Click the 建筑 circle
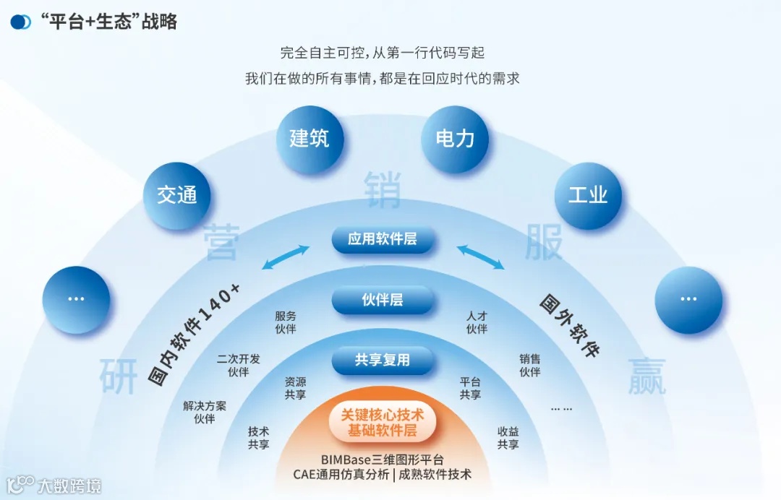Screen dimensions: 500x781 click(310, 139)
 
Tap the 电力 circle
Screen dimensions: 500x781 click(455, 139)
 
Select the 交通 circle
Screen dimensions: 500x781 click(177, 195)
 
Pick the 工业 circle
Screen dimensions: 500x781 click(588, 195)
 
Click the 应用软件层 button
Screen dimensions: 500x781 click(383, 239)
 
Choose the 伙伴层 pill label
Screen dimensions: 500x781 click(383, 300)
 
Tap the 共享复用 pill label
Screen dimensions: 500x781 click(383, 360)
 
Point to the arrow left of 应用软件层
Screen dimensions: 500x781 click(286, 258)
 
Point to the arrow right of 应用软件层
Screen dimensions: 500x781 click(480, 258)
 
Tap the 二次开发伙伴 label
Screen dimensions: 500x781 click(239, 366)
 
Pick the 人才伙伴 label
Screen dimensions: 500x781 click(477, 322)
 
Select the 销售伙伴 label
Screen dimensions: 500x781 click(529, 366)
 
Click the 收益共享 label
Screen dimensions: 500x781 click(508, 438)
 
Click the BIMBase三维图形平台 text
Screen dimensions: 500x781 click(383, 460)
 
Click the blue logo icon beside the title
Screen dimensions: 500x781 click(21, 22)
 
